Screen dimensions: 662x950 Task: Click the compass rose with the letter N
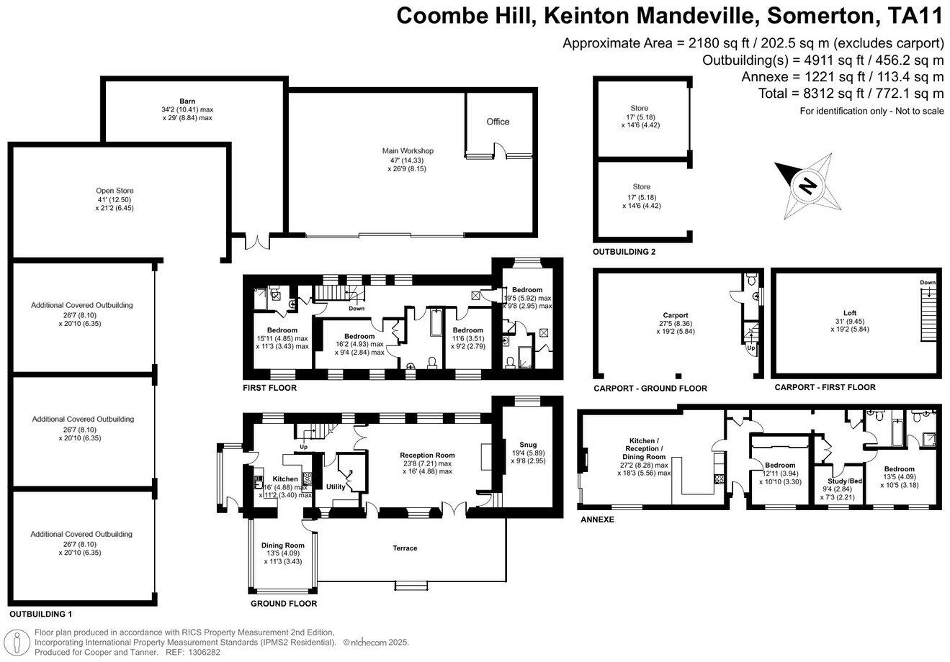pyautogui.click(x=807, y=187)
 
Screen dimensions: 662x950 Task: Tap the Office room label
pyautogui.click(x=498, y=122)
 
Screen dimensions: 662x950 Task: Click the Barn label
pyautogui.click(x=187, y=101)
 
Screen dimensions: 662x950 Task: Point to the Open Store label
pyautogui.click(x=115, y=191)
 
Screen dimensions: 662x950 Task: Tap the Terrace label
pyautogui.click(x=405, y=548)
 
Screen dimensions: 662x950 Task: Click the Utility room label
pyautogui.click(x=336, y=487)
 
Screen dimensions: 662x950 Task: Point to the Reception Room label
pyautogui.click(x=428, y=455)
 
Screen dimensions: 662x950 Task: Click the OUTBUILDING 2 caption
pyautogui.click(x=624, y=253)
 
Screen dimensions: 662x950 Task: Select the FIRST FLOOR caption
pyautogui.click(x=269, y=388)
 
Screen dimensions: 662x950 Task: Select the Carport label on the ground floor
pyautogui.click(x=676, y=315)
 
